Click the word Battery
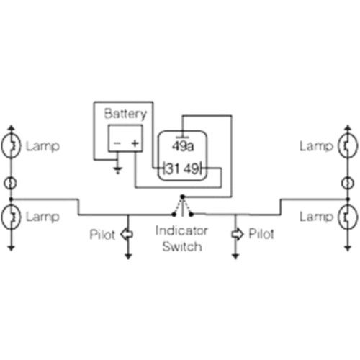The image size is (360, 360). (x=125, y=114)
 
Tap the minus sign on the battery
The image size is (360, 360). (x=117, y=143)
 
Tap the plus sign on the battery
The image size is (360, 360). (x=135, y=143)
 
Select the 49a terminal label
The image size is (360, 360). (x=183, y=146)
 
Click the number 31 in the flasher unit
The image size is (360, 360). (x=173, y=168)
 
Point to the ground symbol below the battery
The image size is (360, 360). (x=117, y=170)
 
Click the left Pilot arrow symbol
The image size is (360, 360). (x=127, y=234)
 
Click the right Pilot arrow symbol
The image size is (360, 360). (x=238, y=234)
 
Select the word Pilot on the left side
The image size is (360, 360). (x=102, y=235)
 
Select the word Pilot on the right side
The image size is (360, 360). (x=261, y=234)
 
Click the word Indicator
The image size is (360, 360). (x=181, y=231)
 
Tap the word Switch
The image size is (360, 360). (x=182, y=247)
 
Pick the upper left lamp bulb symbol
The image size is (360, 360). (x=11, y=146)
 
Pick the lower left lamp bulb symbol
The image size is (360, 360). (x=11, y=217)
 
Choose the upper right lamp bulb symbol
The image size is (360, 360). (x=348, y=145)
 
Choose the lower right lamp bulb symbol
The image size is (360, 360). (x=348, y=217)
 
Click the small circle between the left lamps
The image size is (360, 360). (x=10, y=183)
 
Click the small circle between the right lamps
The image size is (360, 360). (x=348, y=183)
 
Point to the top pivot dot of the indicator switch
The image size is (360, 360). (x=182, y=197)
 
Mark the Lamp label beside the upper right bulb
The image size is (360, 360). (x=317, y=146)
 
